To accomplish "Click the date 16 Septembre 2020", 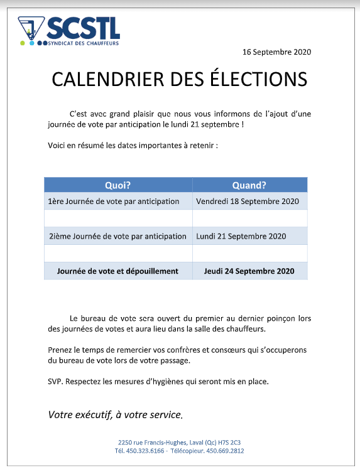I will (276, 52).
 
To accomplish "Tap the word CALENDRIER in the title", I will (104, 79).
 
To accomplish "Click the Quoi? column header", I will (118, 185).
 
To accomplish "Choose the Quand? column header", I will (249, 185).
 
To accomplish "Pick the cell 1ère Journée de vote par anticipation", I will (114, 202).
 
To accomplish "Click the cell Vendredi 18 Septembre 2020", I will (248, 202).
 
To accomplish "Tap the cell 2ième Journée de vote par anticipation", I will (117, 237).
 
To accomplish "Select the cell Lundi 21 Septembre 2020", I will (241, 237).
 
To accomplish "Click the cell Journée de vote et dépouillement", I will (117, 271).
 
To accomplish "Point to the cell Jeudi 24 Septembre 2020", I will (249, 271).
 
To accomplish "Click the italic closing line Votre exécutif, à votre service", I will (116, 415).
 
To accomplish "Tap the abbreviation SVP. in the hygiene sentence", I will (55, 382).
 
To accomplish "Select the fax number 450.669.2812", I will (224, 451).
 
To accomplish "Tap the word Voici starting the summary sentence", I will (57, 146).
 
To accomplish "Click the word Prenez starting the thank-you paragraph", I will (60, 349).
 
